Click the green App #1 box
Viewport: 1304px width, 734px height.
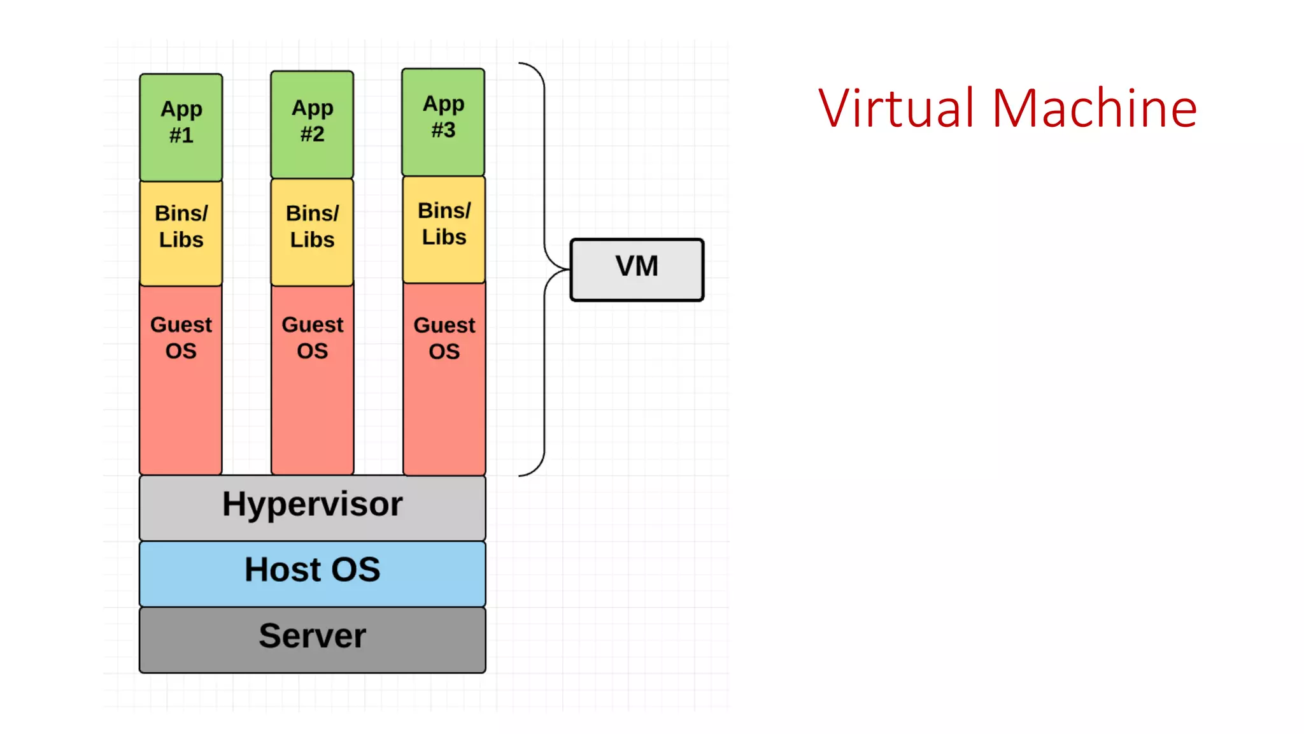tap(181, 127)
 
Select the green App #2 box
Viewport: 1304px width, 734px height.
tap(312, 124)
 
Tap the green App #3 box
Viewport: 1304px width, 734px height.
tap(443, 122)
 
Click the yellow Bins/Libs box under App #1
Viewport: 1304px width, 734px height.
tap(181, 233)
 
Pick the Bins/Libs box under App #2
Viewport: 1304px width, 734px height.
tap(312, 232)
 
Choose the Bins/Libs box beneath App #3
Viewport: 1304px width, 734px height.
tap(444, 229)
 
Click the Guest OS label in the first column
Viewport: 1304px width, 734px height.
tap(181, 338)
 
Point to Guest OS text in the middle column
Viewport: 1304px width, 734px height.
tap(312, 338)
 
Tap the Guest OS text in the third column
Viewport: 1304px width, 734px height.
tap(444, 338)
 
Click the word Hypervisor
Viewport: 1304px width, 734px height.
tap(312, 505)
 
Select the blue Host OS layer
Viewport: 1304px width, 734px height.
tap(312, 573)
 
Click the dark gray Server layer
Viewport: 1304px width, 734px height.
tap(312, 639)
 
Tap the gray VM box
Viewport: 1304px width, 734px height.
tap(637, 270)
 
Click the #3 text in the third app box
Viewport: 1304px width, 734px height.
tap(443, 130)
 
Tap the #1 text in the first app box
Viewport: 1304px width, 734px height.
tap(181, 135)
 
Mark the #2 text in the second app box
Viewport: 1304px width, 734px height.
tap(312, 134)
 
